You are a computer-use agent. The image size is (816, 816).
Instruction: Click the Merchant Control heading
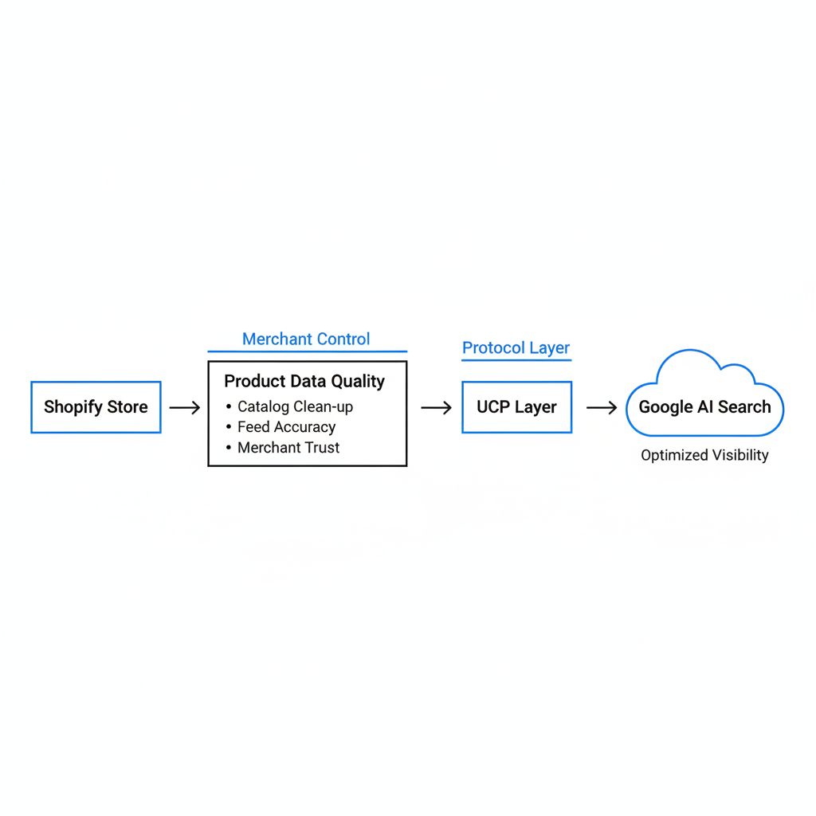coord(306,339)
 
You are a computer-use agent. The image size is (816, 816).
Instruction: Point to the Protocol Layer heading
coord(516,347)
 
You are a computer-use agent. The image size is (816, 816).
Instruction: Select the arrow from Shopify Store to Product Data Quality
coord(185,407)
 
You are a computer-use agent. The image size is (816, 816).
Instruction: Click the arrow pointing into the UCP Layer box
coord(436,407)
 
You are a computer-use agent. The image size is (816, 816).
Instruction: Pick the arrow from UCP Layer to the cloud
coord(602,407)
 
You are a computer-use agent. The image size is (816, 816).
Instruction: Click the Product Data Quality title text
coord(304,382)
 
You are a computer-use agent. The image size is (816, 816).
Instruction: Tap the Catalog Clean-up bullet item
coord(290,406)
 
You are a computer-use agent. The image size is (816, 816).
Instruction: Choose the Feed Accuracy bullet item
coord(281,427)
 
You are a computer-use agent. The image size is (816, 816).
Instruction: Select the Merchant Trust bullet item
coord(283,448)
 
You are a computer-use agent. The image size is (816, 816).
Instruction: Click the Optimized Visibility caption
coord(704,455)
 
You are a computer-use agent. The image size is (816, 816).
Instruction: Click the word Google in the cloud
coord(665,407)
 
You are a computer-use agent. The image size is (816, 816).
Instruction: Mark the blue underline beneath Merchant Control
coord(308,351)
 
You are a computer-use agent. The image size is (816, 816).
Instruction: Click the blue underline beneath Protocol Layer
coord(516,360)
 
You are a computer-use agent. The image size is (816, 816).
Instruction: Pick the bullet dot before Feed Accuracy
coord(229,427)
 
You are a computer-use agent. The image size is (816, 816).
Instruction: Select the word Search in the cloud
coord(744,407)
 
